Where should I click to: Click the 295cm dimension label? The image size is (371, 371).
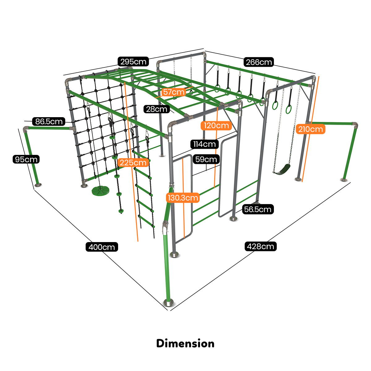[x=133, y=62]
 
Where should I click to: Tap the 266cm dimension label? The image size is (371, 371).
[x=259, y=62]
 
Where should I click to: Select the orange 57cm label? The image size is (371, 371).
[x=173, y=92]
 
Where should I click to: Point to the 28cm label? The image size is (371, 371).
[x=157, y=109]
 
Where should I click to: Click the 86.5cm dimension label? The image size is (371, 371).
[x=49, y=122]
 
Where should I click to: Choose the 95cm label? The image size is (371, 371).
[x=26, y=160]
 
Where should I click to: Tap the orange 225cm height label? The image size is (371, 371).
[x=133, y=162]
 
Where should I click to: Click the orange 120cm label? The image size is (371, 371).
[x=216, y=126]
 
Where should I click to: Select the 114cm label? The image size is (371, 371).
[x=204, y=144]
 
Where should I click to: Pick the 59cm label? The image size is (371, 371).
[x=206, y=160]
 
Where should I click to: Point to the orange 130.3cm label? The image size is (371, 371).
[x=182, y=198]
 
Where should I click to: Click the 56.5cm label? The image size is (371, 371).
[x=258, y=209]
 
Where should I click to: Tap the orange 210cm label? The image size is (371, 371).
[x=310, y=129]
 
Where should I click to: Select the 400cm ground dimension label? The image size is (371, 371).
[x=102, y=247]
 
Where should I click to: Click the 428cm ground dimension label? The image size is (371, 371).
[x=261, y=246]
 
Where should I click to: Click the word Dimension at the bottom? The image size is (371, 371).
[x=185, y=343]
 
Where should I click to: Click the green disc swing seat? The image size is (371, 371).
[x=99, y=190]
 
